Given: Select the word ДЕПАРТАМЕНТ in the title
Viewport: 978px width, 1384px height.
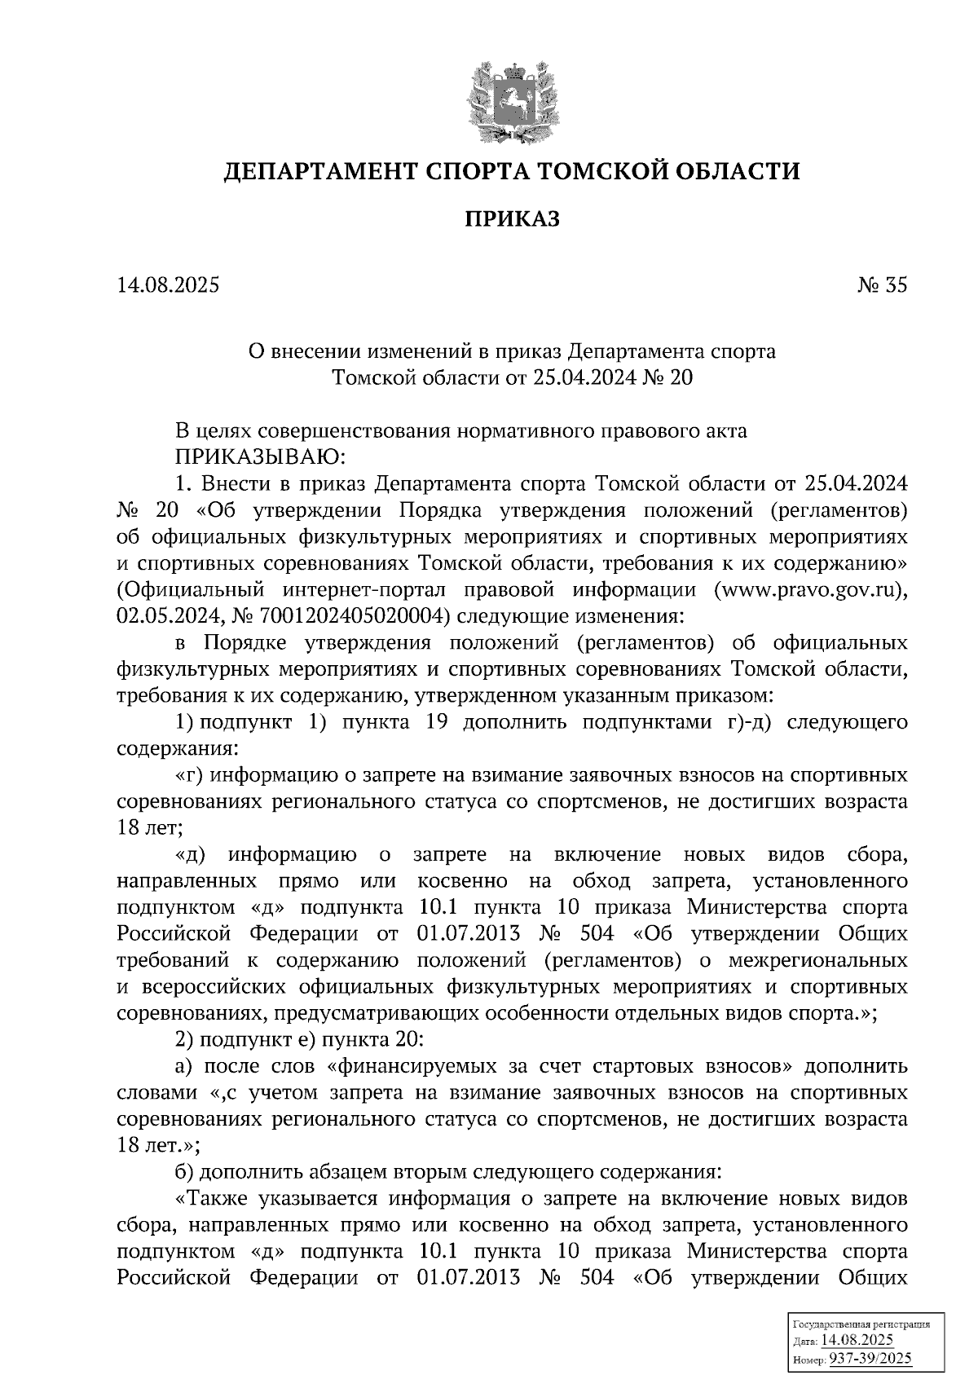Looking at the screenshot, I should click(320, 172).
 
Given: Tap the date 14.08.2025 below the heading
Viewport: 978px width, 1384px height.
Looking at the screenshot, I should click(168, 285).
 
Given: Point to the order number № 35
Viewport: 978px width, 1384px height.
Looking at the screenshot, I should click(882, 285).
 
